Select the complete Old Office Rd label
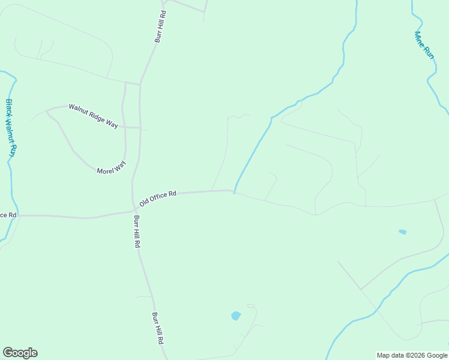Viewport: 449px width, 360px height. [158, 198]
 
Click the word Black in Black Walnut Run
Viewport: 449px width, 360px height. [9, 108]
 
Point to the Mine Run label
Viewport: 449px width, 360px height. [424, 44]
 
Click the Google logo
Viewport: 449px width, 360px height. [20, 353]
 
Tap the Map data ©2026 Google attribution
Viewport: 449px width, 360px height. [412, 355]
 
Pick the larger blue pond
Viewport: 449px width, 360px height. [236, 316]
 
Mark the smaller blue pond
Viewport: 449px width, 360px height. [402, 232]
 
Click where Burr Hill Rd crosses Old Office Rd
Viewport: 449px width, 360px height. [134, 209]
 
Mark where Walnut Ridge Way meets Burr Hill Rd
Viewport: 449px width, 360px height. [140, 128]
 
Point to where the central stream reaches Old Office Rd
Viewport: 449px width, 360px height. [234, 193]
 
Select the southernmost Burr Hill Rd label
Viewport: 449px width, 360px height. [158, 328]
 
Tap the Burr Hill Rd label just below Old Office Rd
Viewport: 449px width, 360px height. [137, 232]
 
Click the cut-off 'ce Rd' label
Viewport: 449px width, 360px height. [8, 215]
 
